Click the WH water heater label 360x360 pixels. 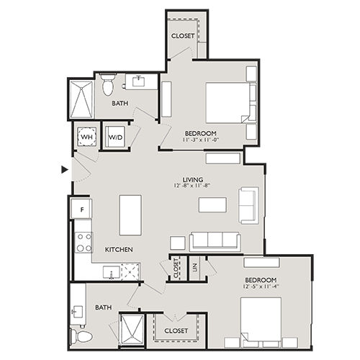click(x=87, y=137)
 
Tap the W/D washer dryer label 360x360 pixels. click(x=115, y=137)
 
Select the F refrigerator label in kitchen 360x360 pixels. click(x=81, y=210)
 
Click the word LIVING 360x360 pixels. click(x=192, y=179)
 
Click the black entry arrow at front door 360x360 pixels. click(x=65, y=170)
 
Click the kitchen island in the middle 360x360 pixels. click(x=130, y=215)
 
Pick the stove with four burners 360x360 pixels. click(x=84, y=240)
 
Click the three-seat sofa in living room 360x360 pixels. click(x=215, y=240)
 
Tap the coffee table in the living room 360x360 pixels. click(x=212, y=204)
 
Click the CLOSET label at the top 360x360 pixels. click(x=182, y=36)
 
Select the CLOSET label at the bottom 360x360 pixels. click(x=176, y=330)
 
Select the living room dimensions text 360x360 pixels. click(x=192, y=186)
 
